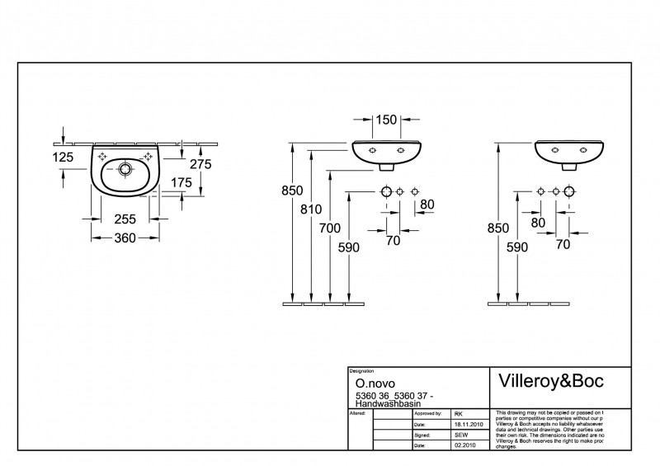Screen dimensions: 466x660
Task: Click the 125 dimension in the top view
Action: (63, 156)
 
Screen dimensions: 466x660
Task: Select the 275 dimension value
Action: (201, 164)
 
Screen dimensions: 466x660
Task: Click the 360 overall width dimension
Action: (124, 238)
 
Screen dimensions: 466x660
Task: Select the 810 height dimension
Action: (311, 209)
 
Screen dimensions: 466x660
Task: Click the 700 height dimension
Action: (331, 229)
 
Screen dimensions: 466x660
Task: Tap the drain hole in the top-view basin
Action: (125, 169)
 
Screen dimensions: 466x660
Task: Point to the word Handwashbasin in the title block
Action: (383, 402)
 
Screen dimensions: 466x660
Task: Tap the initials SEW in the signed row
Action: (461, 433)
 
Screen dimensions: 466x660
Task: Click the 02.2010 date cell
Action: (464, 445)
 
